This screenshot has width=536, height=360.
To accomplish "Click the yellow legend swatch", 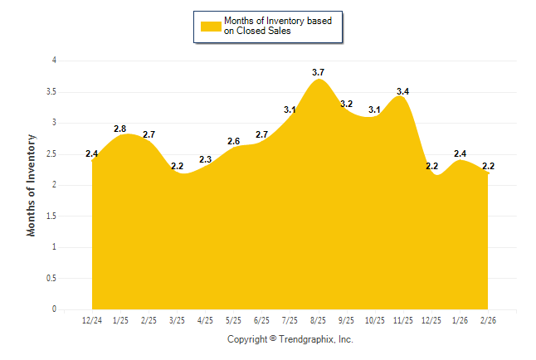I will (210, 27).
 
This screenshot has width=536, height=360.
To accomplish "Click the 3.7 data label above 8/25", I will (318, 73).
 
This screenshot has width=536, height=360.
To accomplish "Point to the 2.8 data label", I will (119, 129).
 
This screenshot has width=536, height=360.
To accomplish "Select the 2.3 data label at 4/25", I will (205, 160).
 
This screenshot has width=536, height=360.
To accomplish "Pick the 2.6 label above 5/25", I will (233, 142).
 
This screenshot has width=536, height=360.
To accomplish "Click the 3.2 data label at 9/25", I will (346, 104).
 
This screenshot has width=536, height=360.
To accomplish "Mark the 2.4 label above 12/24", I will (92, 154).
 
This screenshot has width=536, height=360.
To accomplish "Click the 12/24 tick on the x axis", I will (92, 320).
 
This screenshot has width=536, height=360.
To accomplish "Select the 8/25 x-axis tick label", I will (318, 320).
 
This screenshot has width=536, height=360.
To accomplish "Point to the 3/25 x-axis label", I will (177, 320).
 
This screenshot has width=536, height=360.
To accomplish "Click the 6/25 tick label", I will (261, 320).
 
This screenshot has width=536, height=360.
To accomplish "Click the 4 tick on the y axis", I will (54, 61).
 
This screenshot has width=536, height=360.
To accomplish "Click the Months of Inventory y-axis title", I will (32, 185).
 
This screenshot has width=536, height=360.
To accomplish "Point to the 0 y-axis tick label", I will (54, 309).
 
